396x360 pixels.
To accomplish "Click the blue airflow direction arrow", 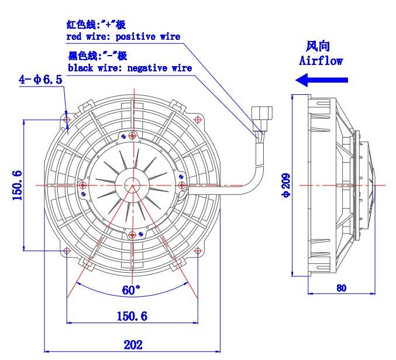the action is [322, 80].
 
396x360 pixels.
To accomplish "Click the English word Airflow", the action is [321, 61].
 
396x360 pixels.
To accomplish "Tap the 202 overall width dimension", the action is [133, 345].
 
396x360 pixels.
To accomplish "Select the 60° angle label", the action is [131, 290].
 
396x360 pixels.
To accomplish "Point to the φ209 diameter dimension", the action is [287, 185].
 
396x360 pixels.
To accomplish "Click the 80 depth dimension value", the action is [341, 288].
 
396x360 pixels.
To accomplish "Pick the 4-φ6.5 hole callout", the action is [40, 80].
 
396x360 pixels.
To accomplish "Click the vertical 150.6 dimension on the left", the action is [18, 186].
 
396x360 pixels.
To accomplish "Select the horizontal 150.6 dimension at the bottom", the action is [132, 316].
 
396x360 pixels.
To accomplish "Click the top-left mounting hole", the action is [67, 119].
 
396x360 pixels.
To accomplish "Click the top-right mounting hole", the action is [198, 119].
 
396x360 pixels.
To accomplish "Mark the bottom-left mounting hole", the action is [67, 251].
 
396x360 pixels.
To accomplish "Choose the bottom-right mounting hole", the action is [198, 251].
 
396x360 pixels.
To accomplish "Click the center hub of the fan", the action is [132, 186].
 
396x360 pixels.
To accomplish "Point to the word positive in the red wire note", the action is [135, 37].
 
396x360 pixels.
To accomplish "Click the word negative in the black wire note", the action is [147, 68].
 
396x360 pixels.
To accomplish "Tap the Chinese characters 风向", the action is [318, 46].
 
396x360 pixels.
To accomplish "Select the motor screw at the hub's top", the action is [132, 136].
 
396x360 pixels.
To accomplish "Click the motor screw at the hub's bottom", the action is [132, 235].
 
